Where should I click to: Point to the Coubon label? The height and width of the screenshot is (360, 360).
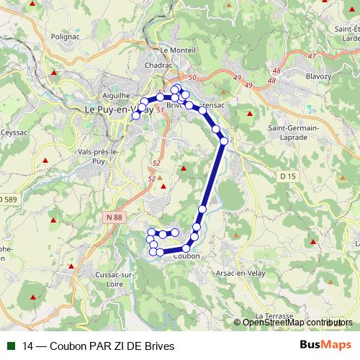click(186, 256)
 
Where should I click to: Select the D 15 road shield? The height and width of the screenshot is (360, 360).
click(288, 176)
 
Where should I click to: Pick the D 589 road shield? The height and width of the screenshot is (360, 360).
click(9, 199)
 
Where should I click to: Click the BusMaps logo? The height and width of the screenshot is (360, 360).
click(325, 345)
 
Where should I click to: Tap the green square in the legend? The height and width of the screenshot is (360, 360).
click(10, 346)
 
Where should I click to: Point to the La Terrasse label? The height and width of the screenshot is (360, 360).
click(274, 316)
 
